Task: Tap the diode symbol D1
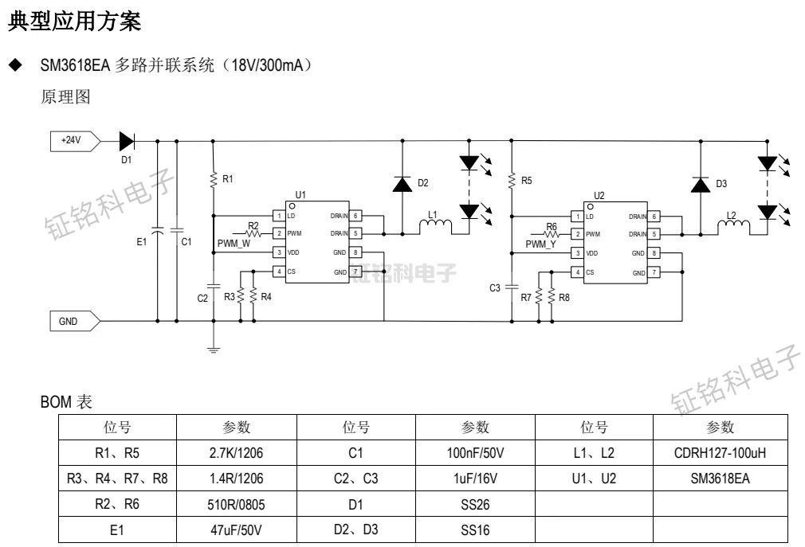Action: point(127,142)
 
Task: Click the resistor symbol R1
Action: point(213,180)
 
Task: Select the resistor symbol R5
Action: point(511,182)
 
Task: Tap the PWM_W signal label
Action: point(234,244)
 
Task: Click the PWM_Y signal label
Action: point(540,244)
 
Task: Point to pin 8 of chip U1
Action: point(357,253)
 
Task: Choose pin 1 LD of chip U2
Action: point(576,216)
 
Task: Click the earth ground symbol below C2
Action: point(213,348)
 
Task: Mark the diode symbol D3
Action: point(700,185)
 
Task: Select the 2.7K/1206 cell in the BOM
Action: point(237,454)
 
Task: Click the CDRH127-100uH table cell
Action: point(720,454)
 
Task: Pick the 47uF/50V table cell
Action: point(237,530)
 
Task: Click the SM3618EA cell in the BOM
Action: point(720,479)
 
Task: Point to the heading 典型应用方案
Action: point(75,21)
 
